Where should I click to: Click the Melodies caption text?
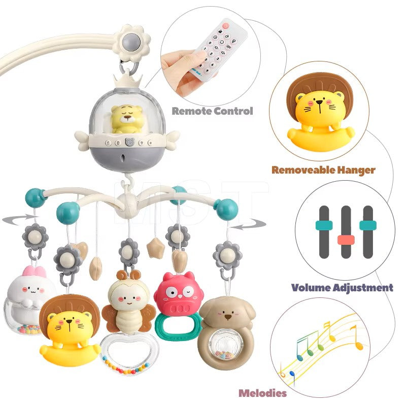click(x=262, y=393)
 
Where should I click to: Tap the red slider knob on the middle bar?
click(x=346, y=240)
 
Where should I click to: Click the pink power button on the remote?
click(x=226, y=25)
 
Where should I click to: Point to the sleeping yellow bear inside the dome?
click(x=127, y=119)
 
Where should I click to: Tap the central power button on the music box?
click(x=129, y=142)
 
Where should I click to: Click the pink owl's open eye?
click(x=171, y=292)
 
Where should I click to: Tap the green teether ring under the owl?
click(x=178, y=327)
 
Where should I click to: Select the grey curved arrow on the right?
click(x=248, y=225)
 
